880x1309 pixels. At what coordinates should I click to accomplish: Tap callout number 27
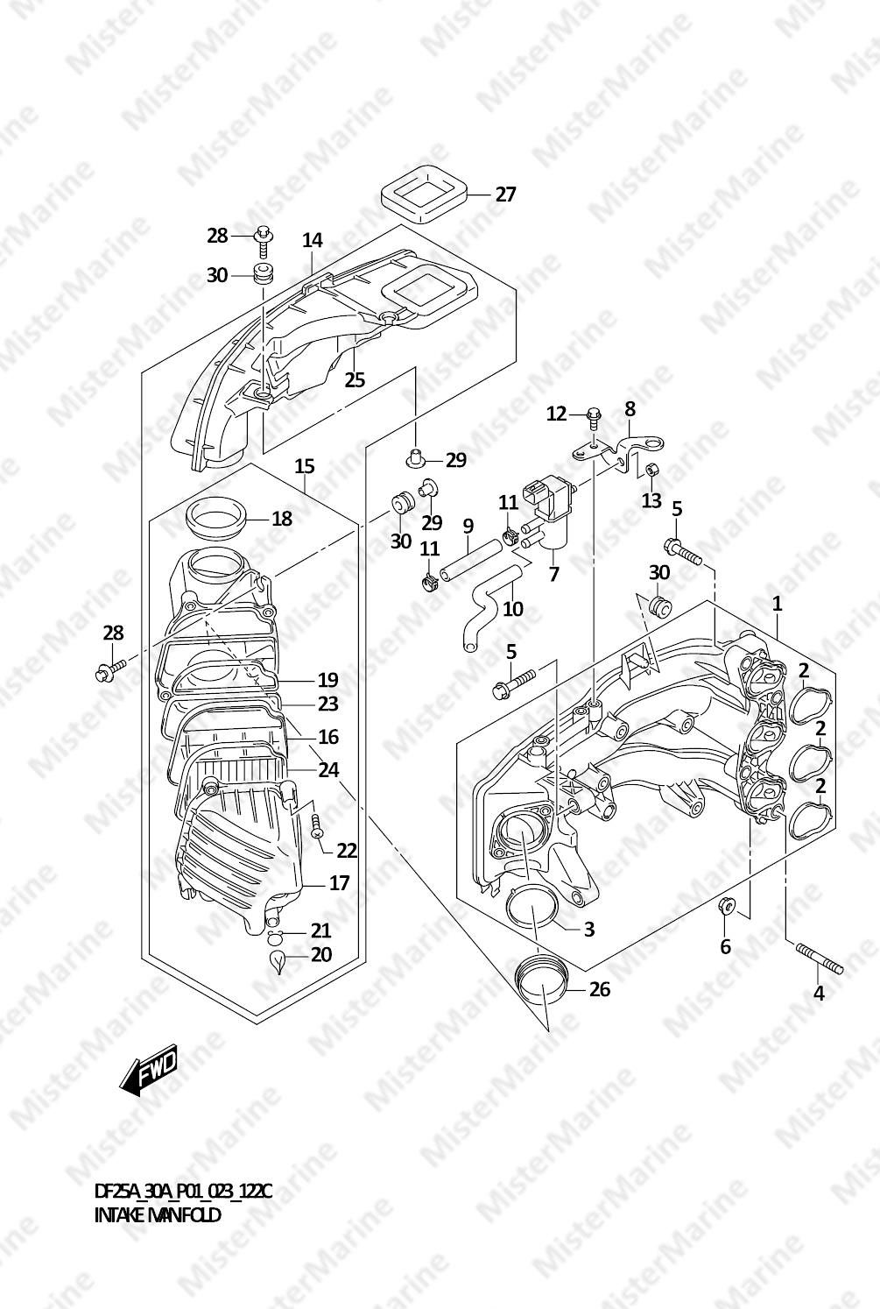point(506,194)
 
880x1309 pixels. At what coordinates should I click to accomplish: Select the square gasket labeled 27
point(425,202)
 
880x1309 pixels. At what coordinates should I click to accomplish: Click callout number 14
point(313,240)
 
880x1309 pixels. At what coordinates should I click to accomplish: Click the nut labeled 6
point(725,904)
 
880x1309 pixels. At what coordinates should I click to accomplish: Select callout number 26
point(600,989)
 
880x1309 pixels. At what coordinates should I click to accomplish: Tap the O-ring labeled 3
point(531,909)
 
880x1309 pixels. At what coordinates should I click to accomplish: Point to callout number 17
point(339,883)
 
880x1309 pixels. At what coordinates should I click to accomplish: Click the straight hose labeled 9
point(471,559)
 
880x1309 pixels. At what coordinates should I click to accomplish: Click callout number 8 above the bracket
point(630,409)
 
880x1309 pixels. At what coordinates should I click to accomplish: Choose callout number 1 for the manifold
point(777,604)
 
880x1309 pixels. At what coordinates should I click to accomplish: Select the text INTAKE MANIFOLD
point(158,1215)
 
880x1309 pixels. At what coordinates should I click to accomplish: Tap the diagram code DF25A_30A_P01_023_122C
point(183,1192)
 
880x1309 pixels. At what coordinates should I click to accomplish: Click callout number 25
point(355,380)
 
